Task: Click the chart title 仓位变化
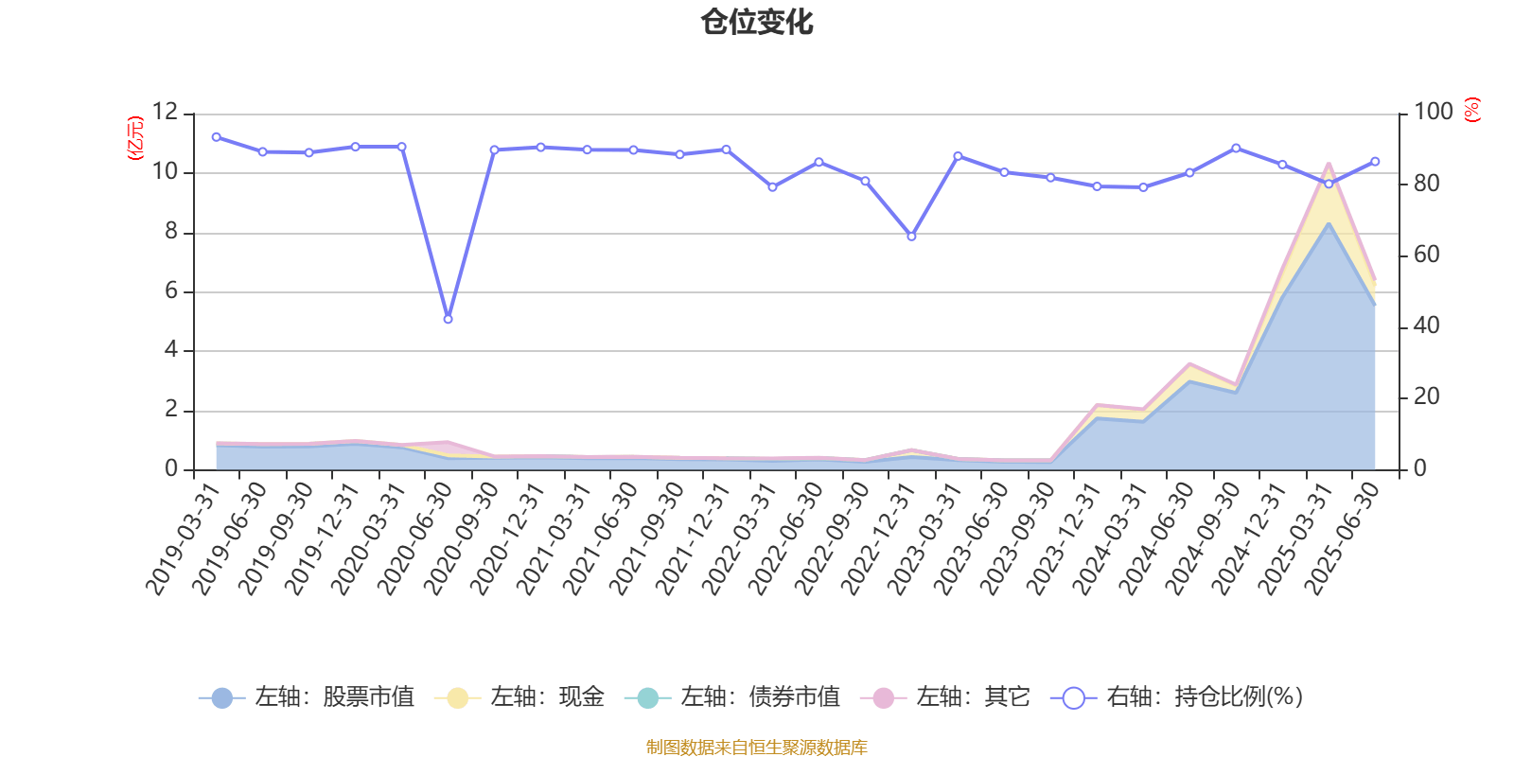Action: click(757, 22)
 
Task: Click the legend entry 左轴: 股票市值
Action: click(307, 698)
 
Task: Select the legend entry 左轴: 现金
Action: click(519, 698)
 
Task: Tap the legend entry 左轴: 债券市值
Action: click(732, 698)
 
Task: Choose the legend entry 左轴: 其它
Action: click(945, 698)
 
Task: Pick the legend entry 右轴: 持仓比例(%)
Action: click(1177, 698)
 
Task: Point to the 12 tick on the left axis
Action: click(165, 113)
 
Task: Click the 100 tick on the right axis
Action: click(1433, 113)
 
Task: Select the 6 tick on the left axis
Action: click(171, 291)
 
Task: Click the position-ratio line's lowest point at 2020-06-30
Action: click(448, 319)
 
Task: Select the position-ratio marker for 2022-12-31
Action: click(911, 236)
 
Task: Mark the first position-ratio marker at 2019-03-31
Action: click(216, 137)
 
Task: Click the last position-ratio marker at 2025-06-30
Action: click(1375, 162)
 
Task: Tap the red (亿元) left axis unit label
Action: click(135, 138)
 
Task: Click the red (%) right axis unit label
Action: click(1471, 111)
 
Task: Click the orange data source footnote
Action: click(756, 748)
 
